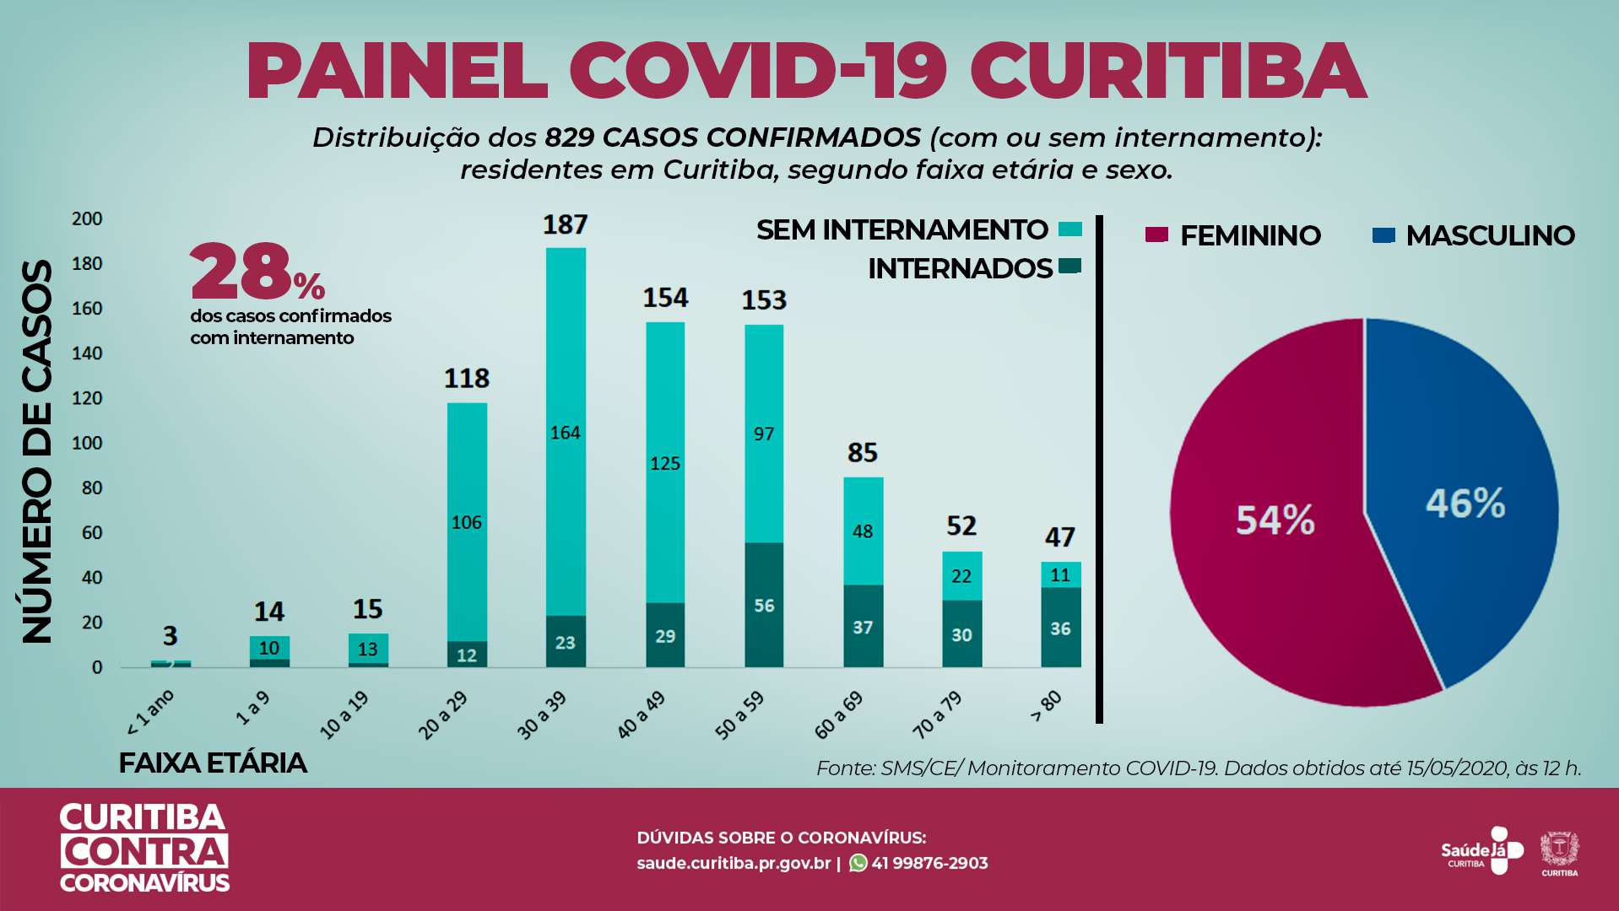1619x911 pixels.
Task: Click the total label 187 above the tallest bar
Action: pyautogui.click(x=565, y=225)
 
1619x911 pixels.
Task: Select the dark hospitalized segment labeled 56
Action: pyautogui.click(x=764, y=605)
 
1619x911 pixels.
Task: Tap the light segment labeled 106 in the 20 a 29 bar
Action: pyautogui.click(x=467, y=522)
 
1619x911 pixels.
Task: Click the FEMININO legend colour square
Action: pyautogui.click(x=1156, y=234)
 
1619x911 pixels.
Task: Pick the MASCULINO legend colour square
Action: pyautogui.click(x=1383, y=234)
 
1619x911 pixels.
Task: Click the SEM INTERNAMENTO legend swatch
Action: pyautogui.click(x=1070, y=229)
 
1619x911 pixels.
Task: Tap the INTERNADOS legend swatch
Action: pyautogui.click(x=1070, y=267)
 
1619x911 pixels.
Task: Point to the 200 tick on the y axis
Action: pyautogui.click(x=87, y=219)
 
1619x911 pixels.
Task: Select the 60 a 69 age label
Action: pyautogui.click(x=838, y=715)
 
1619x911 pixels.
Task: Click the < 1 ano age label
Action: pyautogui.click(x=150, y=712)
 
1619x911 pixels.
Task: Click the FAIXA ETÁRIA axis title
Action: pyautogui.click(x=212, y=763)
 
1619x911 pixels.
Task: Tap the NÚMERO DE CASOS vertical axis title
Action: pyautogui.click(x=37, y=451)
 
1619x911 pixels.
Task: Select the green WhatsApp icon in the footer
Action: pyautogui.click(x=858, y=863)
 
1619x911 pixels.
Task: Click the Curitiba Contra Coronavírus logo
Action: pyautogui.click(x=144, y=849)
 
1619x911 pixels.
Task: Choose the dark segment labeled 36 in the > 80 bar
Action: pyautogui.click(x=1061, y=628)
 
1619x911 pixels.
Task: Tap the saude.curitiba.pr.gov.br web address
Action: pyautogui.click(x=734, y=863)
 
